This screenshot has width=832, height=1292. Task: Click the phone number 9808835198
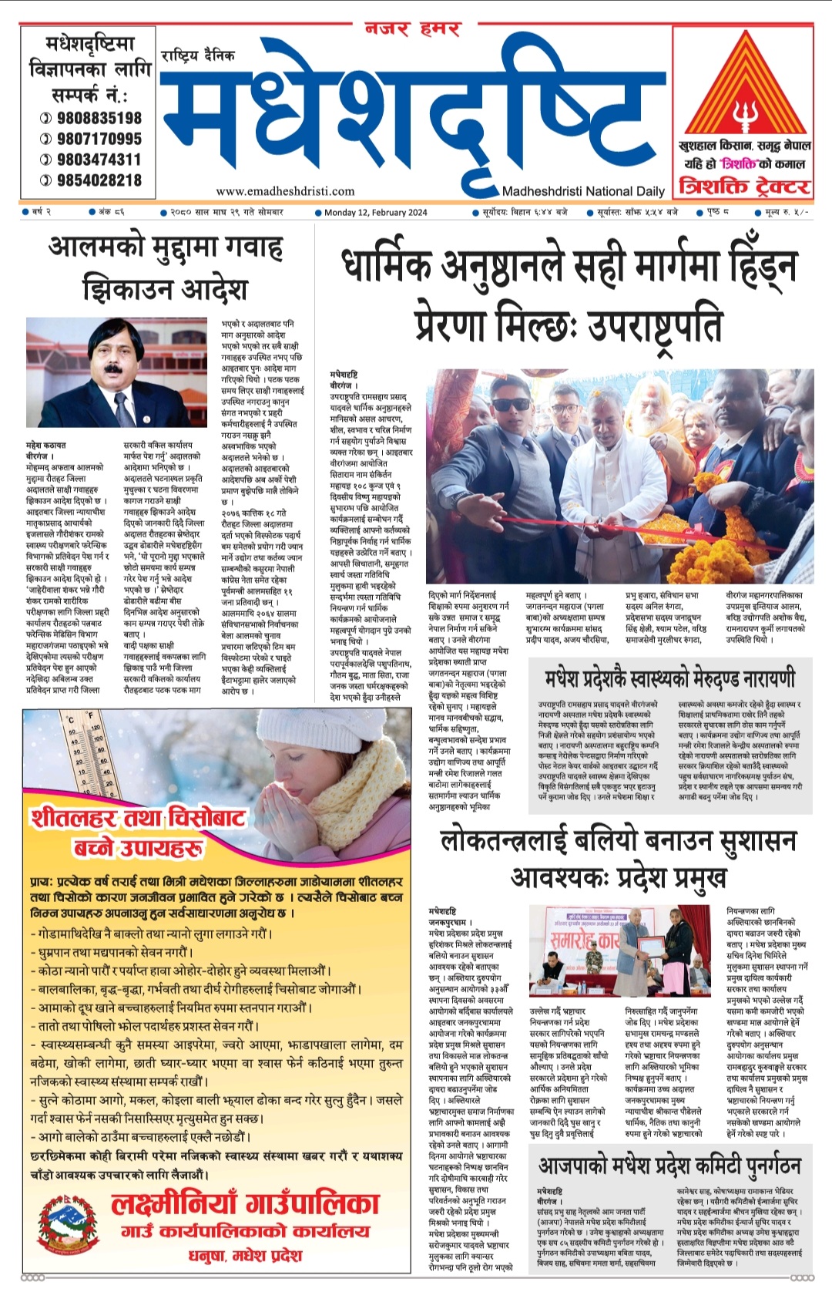[x=99, y=118]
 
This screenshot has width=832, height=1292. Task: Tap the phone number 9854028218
[x=99, y=180]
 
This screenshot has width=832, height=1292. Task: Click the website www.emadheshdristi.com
[x=285, y=191]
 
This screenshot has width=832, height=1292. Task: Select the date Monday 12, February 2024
[x=375, y=212]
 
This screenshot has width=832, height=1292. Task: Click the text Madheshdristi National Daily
[x=582, y=191]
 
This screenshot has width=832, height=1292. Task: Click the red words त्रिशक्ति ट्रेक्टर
[x=743, y=187]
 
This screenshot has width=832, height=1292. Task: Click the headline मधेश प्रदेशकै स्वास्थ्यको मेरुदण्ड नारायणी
[x=669, y=679]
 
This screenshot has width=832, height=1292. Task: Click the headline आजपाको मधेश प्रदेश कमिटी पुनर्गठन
[x=669, y=1165]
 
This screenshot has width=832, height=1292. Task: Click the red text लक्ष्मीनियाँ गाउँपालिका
[x=245, y=1203]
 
